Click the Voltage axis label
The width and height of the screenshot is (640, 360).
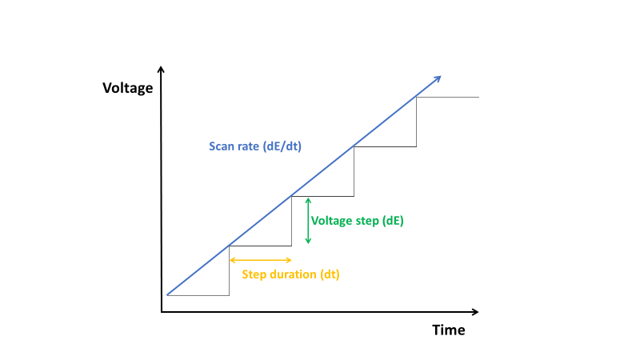click(128, 88)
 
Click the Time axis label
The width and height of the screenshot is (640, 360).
click(449, 330)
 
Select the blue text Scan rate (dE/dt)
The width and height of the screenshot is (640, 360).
click(255, 146)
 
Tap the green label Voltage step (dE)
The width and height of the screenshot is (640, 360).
click(357, 221)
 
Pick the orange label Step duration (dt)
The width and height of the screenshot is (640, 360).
click(290, 274)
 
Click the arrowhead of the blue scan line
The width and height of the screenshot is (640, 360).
click(438, 78)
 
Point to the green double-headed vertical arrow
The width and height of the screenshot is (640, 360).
click(308, 221)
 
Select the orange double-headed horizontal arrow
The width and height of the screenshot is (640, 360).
click(261, 260)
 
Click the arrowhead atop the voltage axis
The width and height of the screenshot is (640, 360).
click(161, 70)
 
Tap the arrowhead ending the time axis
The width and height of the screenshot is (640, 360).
click(475, 312)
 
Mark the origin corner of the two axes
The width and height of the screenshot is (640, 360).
click(162, 312)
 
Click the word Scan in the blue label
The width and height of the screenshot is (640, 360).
click(221, 146)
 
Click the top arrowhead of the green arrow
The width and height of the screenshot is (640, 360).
click(308, 201)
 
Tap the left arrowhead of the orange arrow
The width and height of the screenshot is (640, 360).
click(232, 260)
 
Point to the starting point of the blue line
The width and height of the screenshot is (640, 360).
click(167, 294)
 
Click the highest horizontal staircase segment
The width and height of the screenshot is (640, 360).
click(447, 97)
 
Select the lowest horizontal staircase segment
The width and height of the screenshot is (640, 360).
click(198, 295)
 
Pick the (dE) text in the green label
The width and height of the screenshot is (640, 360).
click(393, 221)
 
